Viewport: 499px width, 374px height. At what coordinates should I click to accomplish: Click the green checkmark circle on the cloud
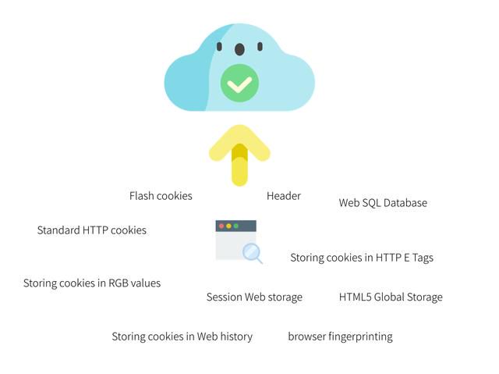[239, 83]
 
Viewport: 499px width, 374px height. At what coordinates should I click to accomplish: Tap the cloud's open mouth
[239, 49]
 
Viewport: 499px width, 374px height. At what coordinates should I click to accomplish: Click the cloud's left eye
[219, 47]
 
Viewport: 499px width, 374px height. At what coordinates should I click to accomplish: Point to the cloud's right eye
[260, 47]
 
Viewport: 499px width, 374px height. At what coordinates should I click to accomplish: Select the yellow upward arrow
[239, 155]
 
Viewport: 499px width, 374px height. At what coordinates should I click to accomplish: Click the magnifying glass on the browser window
[253, 253]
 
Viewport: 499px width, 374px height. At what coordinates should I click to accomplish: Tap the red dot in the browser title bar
[221, 226]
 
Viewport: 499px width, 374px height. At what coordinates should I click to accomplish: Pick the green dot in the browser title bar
[236, 226]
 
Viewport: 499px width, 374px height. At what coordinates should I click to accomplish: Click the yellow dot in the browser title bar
[228, 226]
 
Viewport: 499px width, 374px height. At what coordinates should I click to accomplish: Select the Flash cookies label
[161, 196]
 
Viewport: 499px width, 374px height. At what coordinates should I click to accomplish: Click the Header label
[284, 196]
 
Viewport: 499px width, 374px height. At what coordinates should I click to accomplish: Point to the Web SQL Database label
[383, 203]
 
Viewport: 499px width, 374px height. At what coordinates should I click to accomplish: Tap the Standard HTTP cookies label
[92, 230]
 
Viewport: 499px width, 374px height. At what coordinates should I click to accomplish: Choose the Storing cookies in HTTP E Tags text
[362, 258]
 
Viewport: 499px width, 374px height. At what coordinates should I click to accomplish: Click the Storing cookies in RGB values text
[92, 283]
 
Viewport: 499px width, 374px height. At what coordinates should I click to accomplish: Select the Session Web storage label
[255, 297]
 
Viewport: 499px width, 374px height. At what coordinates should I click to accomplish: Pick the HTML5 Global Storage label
[391, 297]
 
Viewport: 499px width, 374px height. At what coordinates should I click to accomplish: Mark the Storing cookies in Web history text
[182, 337]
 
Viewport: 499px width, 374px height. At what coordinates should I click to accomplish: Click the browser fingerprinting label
[340, 337]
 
